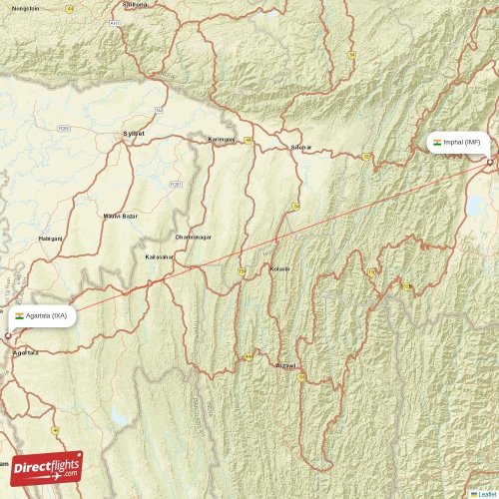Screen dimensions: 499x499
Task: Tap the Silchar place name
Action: [x=300, y=148]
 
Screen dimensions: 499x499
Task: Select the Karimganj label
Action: [x=221, y=140]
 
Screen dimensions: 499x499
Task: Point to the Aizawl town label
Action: [x=285, y=366]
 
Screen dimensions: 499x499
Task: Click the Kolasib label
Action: [x=280, y=268]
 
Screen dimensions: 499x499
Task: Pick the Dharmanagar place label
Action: [x=194, y=238]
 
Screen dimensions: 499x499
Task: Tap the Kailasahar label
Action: [x=160, y=257]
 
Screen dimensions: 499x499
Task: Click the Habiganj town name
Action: [x=50, y=240]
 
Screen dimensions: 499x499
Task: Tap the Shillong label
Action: [x=133, y=4]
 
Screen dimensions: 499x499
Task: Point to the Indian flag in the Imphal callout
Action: [x=437, y=143]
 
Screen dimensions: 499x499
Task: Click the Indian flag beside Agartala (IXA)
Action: [x=19, y=315]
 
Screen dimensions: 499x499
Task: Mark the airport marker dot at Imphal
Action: [x=490, y=162]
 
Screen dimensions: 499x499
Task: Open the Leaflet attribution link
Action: [x=485, y=493]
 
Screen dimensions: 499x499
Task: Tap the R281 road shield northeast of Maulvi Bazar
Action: [x=177, y=184]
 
